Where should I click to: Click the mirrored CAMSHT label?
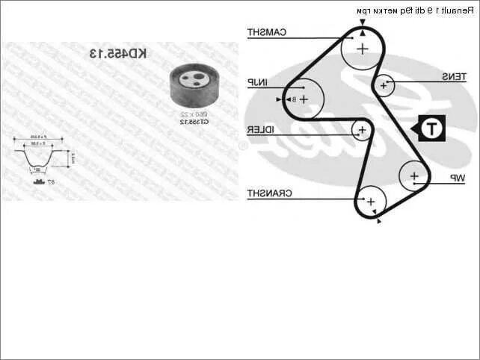coord(266,32)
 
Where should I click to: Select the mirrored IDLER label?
coord(261,131)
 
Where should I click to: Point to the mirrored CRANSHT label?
coord(269,193)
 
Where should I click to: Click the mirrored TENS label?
coord(454,77)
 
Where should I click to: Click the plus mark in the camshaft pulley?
coord(362,49)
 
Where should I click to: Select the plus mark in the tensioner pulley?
coord(384,86)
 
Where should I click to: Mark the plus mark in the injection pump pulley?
coord(304,99)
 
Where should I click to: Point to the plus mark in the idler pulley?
coord(363,131)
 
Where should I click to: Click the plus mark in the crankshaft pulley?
coord(369,201)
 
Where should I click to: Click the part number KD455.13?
coord(119,54)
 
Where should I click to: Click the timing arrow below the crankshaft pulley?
coord(379,221)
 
